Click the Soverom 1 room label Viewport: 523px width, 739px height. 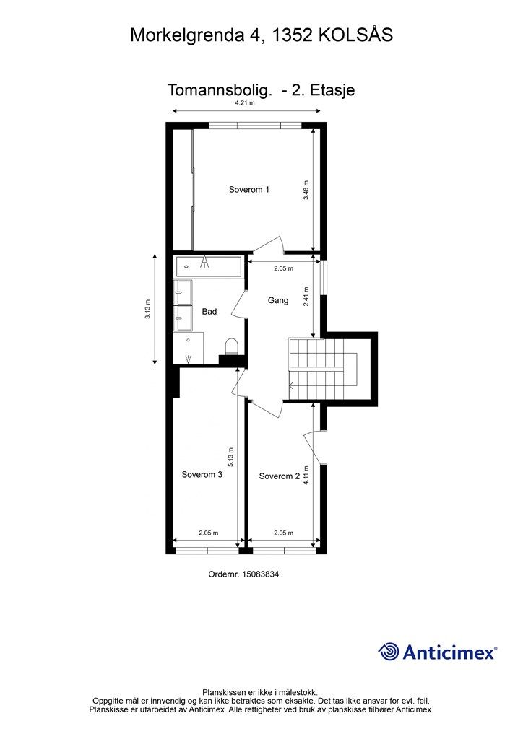click(249, 190)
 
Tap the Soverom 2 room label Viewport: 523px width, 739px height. click(279, 476)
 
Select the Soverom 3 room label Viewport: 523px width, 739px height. click(202, 474)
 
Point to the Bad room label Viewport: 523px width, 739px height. click(209, 312)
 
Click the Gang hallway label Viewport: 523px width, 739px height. click(278, 300)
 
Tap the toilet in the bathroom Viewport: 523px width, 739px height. click(232, 346)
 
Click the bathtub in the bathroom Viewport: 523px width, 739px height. click(208, 266)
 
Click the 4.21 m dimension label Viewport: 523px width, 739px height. click(245, 102)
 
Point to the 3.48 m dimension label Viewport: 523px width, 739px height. click(306, 191)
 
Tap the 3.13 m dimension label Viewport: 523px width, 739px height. click(147, 310)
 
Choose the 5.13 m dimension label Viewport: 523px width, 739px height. click(230, 457)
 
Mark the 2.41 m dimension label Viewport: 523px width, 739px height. click(306, 297)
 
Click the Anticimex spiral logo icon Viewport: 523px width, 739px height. click(389, 652)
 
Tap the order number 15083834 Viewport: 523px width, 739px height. click(260, 574)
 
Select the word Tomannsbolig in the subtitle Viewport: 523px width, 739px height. click(220, 90)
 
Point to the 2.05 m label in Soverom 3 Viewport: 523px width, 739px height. click(209, 533)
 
